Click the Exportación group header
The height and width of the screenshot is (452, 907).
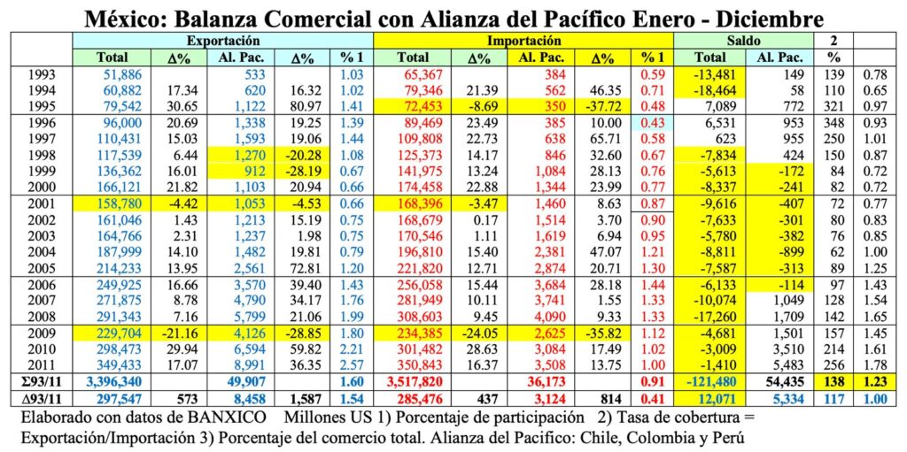click(x=222, y=41)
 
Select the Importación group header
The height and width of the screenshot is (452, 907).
click(x=523, y=41)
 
